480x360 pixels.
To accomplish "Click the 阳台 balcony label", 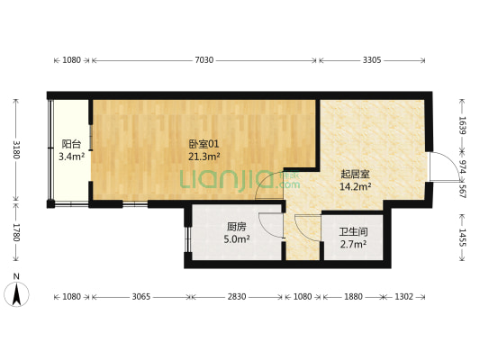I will (71, 144).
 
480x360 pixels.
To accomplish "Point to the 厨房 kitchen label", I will (237, 227).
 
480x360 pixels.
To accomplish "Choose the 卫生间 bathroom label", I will (352, 231).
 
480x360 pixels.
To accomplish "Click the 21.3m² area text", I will (204, 156).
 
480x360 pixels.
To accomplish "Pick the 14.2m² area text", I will (355, 187).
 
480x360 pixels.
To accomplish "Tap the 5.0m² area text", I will (237, 239).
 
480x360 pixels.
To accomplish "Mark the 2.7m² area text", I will (352, 244).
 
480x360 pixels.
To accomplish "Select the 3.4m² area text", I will (71, 157).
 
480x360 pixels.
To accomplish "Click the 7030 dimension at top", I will (204, 60).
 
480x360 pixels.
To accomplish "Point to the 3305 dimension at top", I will (371, 60).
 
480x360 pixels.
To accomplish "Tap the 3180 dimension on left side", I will (14, 148).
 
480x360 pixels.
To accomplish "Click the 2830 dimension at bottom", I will (236, 296).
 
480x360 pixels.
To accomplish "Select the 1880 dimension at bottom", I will (353, 296).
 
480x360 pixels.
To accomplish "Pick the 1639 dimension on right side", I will (462, 125).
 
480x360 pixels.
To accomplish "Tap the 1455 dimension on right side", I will (462, 237).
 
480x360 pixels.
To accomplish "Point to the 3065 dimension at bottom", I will (141, 296).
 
